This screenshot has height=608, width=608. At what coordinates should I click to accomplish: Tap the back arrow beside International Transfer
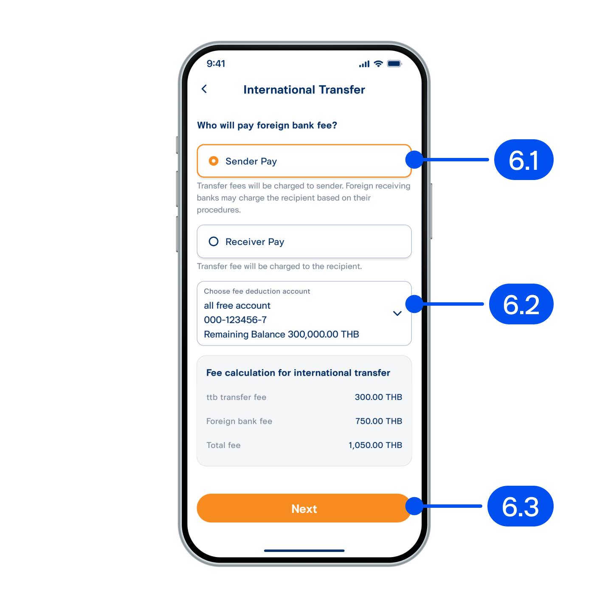pos(204,89)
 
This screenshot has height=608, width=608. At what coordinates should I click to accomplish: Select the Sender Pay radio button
pos(213,161)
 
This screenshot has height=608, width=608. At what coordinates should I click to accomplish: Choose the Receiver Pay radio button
pos(213,241)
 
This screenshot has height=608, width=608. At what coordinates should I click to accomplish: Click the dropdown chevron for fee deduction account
pos(397,313)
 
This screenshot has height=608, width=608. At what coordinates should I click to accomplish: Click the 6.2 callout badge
pos(521,304)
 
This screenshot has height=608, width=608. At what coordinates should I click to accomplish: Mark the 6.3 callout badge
pos(520,506)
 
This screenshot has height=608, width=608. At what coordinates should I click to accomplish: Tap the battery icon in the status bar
pos(394,64)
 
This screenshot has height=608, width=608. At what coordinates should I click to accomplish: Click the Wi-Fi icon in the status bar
pos(378,64)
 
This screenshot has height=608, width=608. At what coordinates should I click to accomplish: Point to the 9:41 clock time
pos(216,64)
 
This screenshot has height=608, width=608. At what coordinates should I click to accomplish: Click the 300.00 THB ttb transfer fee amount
pos(378,397)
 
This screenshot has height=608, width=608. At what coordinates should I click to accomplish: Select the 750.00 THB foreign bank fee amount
pos(379,421)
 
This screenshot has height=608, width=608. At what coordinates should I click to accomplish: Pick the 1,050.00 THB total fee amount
pos(375,445)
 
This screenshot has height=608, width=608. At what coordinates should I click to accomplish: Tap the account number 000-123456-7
pos(235,320)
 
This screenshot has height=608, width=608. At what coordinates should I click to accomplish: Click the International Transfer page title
pos(304,90)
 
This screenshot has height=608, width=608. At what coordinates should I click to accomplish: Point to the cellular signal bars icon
pos(364,64)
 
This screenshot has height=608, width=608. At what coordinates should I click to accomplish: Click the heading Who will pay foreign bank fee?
pos(267,125)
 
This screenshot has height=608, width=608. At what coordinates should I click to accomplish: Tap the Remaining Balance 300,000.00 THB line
pos(281,334)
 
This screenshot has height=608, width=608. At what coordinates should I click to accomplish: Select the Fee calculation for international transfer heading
pos(298,373)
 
